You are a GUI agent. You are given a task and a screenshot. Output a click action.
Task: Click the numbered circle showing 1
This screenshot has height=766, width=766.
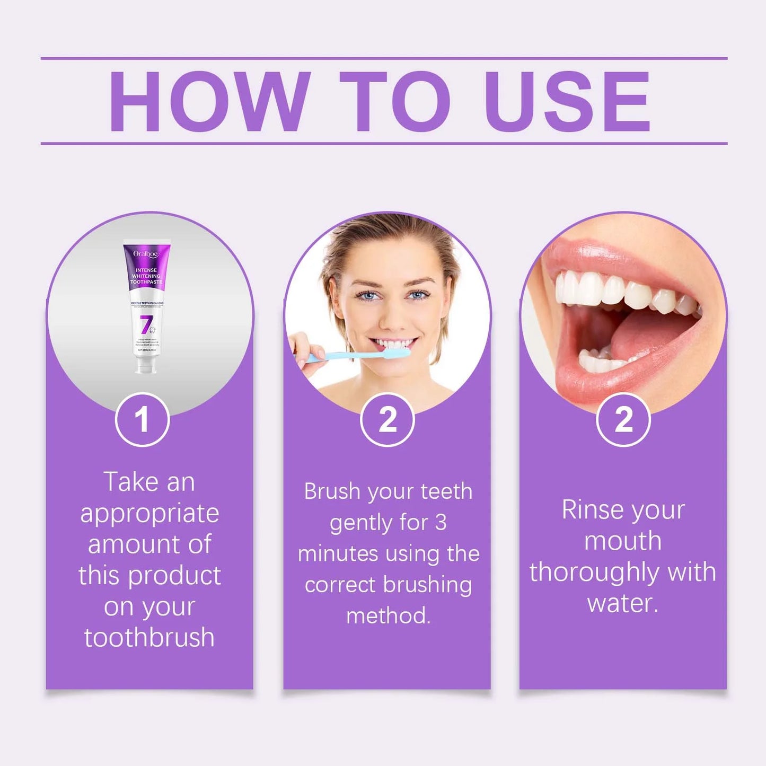tap(142, 420)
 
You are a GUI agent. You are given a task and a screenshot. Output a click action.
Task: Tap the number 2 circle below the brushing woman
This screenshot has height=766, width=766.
tap(388, 420)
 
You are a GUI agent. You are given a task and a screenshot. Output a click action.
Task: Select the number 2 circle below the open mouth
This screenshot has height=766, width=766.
tap(623, 420)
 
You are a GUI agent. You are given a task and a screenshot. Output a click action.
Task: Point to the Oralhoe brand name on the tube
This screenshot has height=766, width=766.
tap(146, 254)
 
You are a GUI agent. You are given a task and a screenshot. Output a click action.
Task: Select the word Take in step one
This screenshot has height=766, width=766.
tap(131, 482)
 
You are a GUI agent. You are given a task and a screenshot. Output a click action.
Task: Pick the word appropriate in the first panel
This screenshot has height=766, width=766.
tap(149, 514)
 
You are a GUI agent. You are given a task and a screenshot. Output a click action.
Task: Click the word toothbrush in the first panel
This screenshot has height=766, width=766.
tap(149, 638)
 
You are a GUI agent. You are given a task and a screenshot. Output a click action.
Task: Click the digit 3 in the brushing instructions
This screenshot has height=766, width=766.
tap(441, 523)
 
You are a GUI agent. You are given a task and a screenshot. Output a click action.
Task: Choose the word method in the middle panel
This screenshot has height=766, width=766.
tap(388, 616)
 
